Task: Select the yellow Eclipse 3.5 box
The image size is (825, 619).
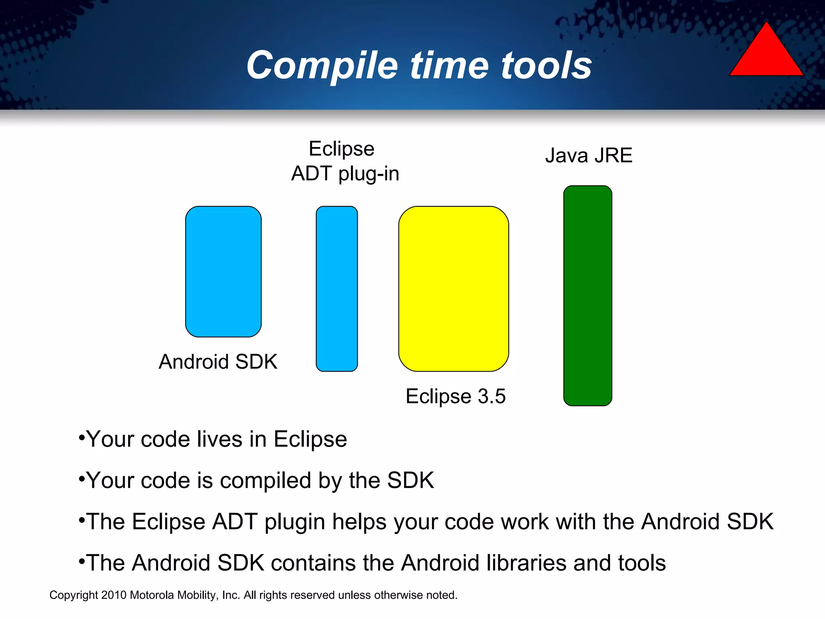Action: click(x=454, y=289)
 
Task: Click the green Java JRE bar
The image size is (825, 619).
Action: click(x=588, y=295)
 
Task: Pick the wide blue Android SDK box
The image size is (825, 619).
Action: click(x=223, y=271)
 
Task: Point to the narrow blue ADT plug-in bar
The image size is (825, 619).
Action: click(x=337, y=289)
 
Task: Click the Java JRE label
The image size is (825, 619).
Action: click(x=589, y=156)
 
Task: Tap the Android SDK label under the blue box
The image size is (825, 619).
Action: click(x=218, y=361)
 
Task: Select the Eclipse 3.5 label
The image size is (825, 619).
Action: click(x=455, y=396)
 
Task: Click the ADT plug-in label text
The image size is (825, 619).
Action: click(x=345, y=174)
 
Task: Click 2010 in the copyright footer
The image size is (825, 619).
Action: click(x=114, y=595)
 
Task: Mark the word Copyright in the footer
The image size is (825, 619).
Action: click(x=74, y=595)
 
